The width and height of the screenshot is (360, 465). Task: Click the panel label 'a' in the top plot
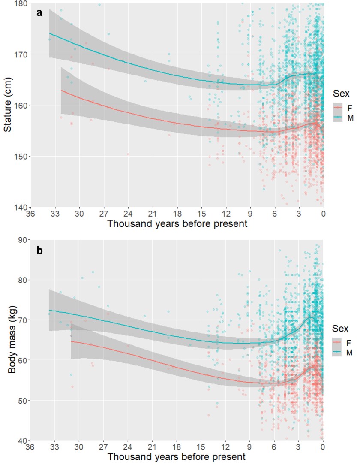39,12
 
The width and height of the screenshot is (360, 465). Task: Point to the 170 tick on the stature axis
21,54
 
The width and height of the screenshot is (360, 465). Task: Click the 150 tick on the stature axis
21,156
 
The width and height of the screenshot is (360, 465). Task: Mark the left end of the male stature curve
50,33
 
